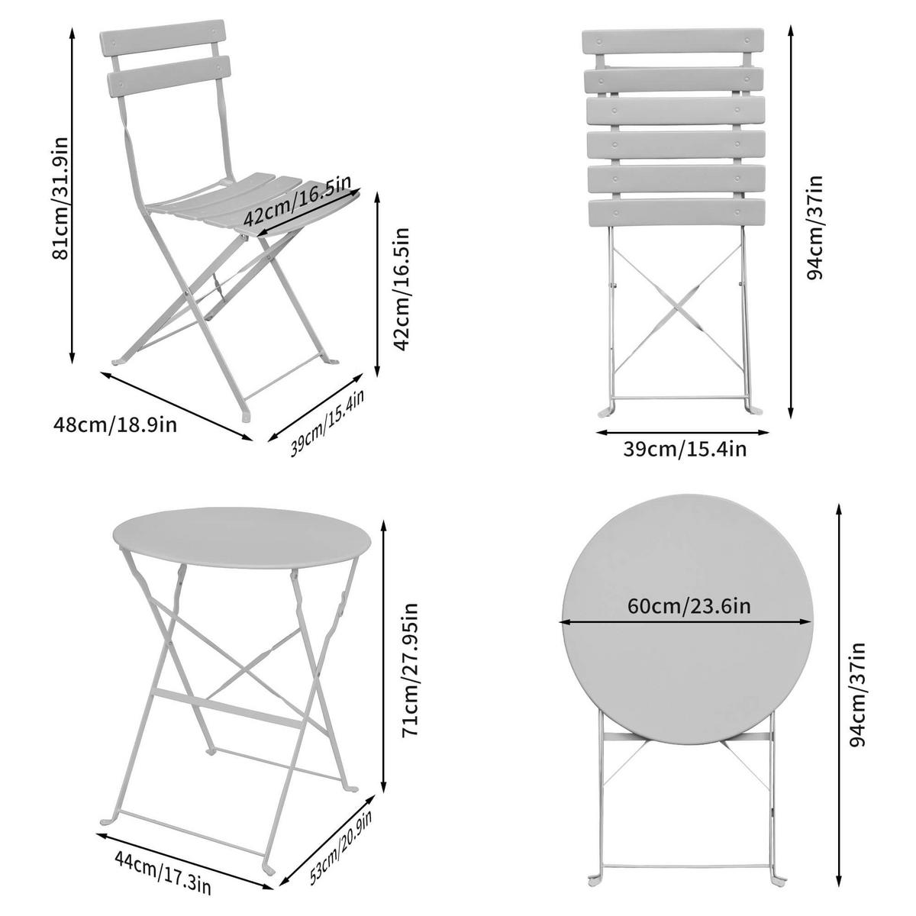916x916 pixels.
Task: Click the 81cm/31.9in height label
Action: point(60,198)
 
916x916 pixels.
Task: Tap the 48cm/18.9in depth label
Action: point(115,424)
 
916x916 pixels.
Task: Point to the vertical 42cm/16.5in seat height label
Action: point(403,289)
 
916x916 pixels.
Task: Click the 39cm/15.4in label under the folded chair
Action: point(684,448)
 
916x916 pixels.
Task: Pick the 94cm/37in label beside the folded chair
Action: point(815,227)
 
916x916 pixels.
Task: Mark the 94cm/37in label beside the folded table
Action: point(860,692)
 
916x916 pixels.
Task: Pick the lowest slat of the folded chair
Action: point(676,211)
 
